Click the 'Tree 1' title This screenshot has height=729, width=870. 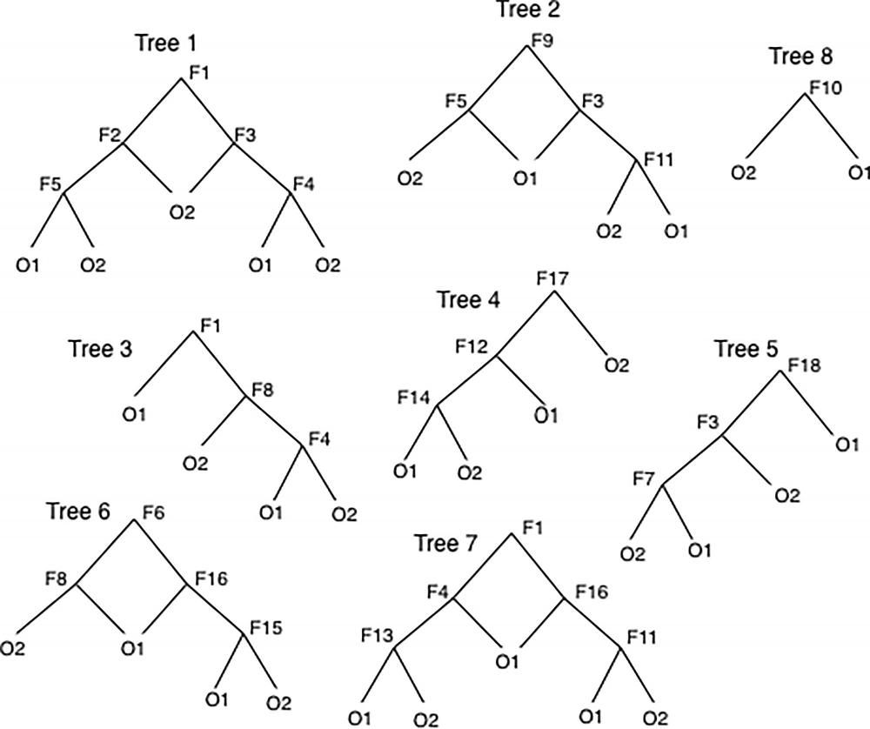166,43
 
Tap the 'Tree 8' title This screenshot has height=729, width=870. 800,57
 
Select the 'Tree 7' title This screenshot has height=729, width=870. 446,545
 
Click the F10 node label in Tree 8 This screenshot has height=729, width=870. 826,88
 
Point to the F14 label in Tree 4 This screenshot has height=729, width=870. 415,398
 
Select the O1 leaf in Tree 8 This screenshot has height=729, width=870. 860,174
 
